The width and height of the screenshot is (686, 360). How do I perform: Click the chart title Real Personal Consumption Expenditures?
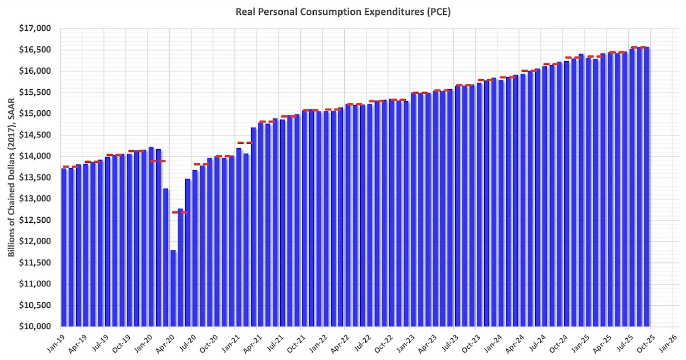(x=343, y=11)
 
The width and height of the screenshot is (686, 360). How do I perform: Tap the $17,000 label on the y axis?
(x=35, y=29)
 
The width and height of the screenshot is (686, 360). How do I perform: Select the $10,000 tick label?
(x=35, y=326)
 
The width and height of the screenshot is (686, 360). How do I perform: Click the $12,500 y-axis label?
(x=35, y=220)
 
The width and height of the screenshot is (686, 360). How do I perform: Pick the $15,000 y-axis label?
(x=35, y=114)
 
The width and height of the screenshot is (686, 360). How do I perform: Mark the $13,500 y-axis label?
(x=35, y=178)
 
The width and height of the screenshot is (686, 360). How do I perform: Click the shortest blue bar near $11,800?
(x=173, y=289)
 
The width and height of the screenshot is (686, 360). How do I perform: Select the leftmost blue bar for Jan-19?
(x=64, y=247)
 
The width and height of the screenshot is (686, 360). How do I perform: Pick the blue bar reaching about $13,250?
(x=166, y=257)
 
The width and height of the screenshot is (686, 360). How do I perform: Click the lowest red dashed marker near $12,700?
(x=180, y=212)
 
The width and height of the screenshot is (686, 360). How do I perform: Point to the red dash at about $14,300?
(x=245, y=143)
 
